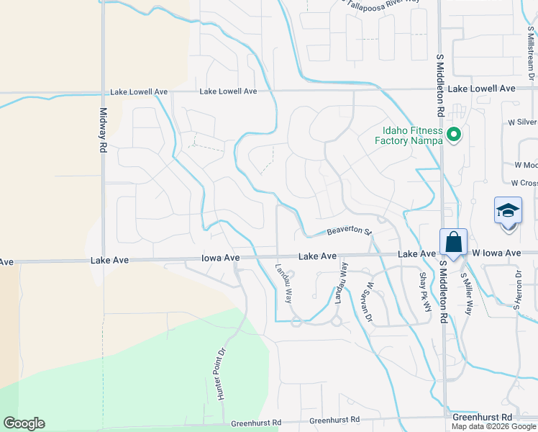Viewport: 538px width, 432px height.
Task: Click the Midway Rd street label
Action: click(103, 130)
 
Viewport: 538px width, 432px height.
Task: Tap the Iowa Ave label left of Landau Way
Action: click(221, 257)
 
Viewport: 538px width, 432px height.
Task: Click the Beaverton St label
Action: click(348, 231)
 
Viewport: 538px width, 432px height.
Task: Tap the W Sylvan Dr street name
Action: click(369, 301)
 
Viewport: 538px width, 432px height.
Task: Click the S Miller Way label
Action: click(466, 294)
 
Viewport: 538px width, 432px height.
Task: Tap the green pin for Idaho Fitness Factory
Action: click(454, 134)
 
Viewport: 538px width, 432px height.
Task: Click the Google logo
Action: click(24, 423)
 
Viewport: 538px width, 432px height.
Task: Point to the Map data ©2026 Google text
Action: click(493, 426)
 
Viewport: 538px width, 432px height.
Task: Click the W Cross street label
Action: click(524, 184)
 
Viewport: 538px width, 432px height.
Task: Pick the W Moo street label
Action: click(526, 165)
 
